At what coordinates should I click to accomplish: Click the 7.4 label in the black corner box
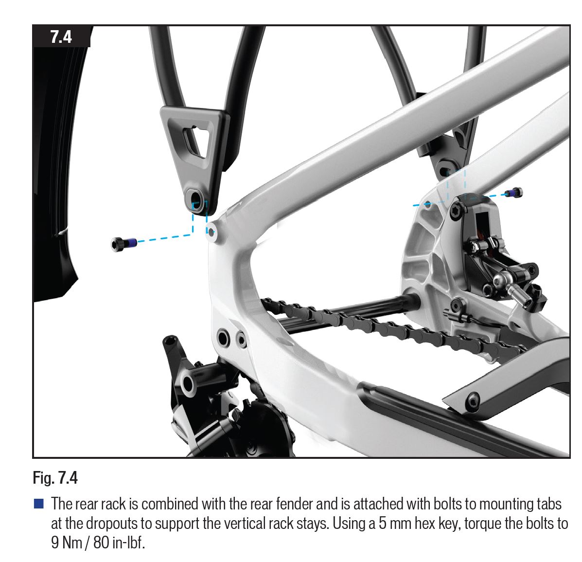coord(61,37)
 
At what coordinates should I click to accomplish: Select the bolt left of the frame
coord(123,244)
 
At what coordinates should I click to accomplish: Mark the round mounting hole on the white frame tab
coord(211,232)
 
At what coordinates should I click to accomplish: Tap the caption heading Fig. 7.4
coord(55,478)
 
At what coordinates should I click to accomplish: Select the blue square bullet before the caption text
coord(38,504)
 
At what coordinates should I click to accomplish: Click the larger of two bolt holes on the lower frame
coord(224,338)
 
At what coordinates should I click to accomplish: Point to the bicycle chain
coord(390,327)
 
